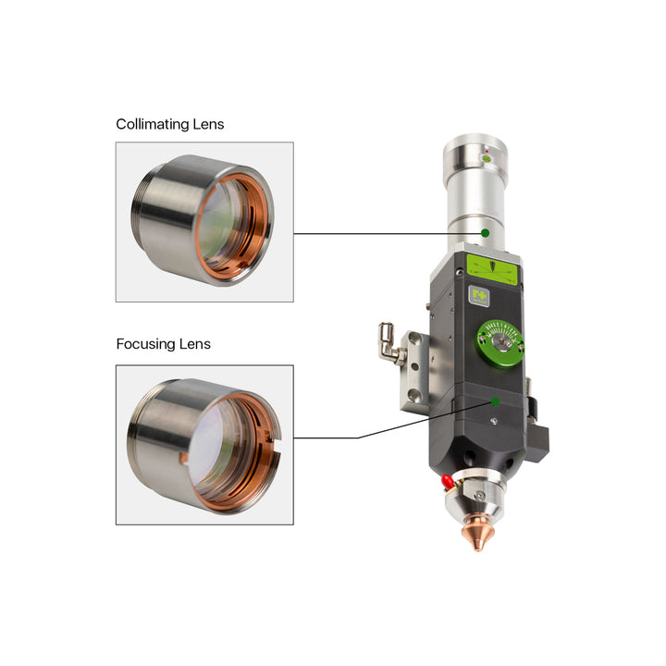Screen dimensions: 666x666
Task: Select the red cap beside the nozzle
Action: click(447, 482)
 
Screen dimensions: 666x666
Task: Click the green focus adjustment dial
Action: click(500, 343)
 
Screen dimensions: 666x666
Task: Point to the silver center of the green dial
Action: click(501, 342)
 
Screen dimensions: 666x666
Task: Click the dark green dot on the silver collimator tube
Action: click(485, 233)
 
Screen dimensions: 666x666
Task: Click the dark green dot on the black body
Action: click(495, 401)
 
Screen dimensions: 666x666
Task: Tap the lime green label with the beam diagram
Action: click(492, 269)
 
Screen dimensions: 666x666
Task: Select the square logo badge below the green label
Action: click(479, 296)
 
